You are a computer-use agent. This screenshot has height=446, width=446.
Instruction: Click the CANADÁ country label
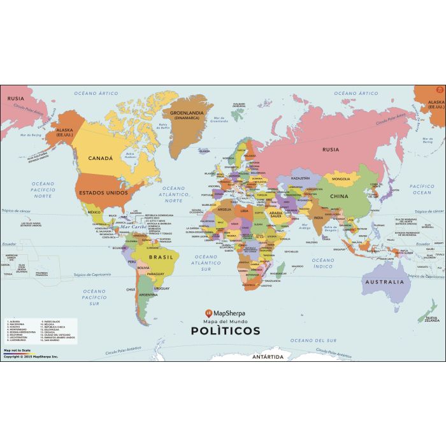(100, 158)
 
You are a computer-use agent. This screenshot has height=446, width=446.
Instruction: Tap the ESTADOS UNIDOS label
(103, 191)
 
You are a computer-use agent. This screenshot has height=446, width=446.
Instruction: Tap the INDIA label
(318, 217)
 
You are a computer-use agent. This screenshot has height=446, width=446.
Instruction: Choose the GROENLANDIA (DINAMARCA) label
(186, 115)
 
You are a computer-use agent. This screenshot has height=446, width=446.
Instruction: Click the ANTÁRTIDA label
(267, 357)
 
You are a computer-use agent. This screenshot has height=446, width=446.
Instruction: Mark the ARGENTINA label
(148, 295)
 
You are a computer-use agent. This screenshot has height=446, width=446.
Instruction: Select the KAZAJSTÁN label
(300, 178)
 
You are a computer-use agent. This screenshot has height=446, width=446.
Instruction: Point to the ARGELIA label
(225, 209)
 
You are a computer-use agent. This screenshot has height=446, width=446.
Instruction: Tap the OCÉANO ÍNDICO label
(322, 263)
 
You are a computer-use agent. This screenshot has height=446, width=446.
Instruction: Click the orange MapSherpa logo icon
(208, 313)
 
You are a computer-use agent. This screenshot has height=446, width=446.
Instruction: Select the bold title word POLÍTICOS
(226, 331)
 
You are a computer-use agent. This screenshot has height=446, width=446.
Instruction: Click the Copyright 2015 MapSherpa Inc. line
(30, 357)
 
